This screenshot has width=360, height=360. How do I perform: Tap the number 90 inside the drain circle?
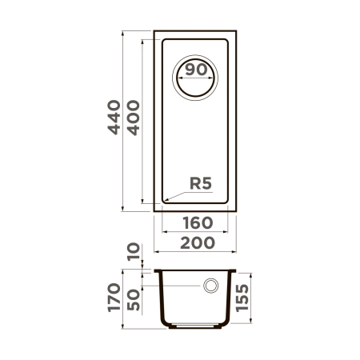[197, 70]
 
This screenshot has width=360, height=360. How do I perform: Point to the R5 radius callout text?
[200, 183]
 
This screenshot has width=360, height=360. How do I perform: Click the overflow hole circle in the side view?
[212, 286]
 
